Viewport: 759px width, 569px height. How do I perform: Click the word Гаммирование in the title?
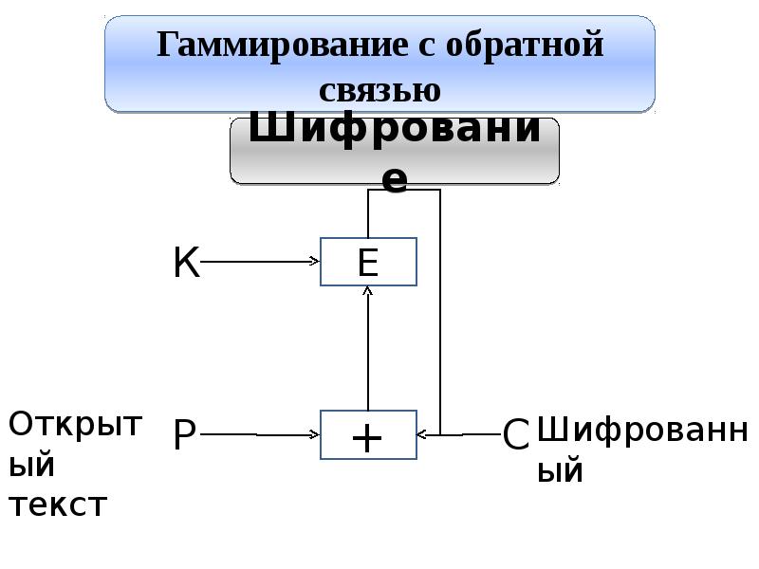(x=282, y=46)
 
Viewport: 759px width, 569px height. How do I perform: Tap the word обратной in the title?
(x=525, y=45)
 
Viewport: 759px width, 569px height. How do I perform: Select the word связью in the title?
(x=380, y=90)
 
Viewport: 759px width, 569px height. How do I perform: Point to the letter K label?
(x=186, y=262)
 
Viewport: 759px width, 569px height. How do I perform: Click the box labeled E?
(x=368, y=262)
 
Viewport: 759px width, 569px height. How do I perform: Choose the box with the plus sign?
(x=368, y=434)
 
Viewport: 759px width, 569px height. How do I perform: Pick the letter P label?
(x=184, y=434)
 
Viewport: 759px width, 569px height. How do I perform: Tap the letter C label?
(x=515, y=434)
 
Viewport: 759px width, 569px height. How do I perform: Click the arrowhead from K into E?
(x=315, y=262)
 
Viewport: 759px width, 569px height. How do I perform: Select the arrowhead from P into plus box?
(x=315, y=434)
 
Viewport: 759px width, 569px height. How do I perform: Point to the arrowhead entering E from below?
(x=368, y=290)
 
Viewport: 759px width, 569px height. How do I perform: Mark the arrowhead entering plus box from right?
(x=421, y=434)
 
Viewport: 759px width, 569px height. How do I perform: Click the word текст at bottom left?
(x=58, y=505)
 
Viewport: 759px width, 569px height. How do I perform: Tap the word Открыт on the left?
(x=76, y=424)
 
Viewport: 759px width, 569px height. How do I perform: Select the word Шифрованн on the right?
(x=643, y=430)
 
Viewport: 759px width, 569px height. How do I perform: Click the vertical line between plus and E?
(x=368, y=348)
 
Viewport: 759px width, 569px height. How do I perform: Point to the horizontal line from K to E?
(x=260, y=262)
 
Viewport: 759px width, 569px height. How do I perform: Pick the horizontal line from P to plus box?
(x=260, y=434)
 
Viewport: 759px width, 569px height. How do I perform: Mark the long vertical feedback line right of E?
(x=440, y=312)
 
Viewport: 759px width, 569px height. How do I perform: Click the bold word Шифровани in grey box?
(x=395, y=129)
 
